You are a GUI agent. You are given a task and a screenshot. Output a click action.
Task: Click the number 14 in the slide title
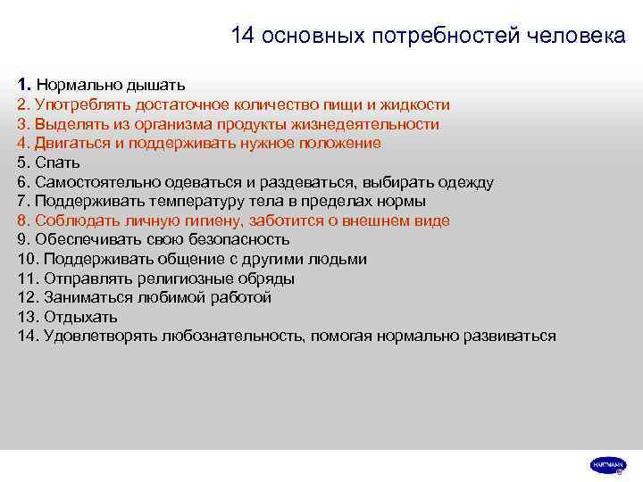pyautogui.click(x=242, y=36)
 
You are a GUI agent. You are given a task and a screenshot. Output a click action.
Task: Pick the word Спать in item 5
pyautogui.click(x=58, y=162)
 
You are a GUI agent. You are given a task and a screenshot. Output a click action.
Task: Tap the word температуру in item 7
pyautogui.click(x=172, y=201)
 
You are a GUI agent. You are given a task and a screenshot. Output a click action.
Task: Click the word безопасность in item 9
pyautogui.click(x=234, y=239)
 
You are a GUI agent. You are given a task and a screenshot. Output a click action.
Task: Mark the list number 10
pyautogui.click(x=26, y=259)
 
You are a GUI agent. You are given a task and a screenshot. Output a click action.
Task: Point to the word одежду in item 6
pyautogui.click(x=462, y=182)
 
